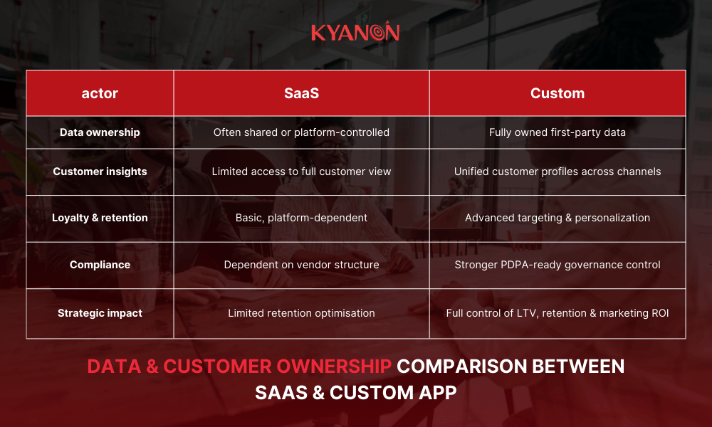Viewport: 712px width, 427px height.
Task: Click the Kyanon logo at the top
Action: click(x=355, y=33)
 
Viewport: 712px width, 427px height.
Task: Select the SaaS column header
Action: click(x=301, y=93)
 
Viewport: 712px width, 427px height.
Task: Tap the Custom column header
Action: click(x=557, y=93)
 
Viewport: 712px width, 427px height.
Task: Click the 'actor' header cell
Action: click(x=100, y=93)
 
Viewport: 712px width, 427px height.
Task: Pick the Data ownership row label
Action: click(x=100, y=132)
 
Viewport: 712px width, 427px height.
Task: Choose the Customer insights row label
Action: click(x=100, y=172)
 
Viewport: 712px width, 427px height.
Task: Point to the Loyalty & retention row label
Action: click(x=100, y=218)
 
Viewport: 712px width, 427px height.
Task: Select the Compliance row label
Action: click(x=100, y=265)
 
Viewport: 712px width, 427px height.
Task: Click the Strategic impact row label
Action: click(x=100, y=313)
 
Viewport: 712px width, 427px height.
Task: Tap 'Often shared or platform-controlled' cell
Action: click(x=301, y=132)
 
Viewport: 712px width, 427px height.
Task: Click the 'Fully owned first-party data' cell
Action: click(x=557, y=132)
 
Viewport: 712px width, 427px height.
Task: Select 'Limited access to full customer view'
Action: click(x=301, y=172)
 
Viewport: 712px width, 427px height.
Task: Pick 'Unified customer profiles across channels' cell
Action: click(x=557, y=172)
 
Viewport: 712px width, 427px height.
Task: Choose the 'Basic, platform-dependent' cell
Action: click(x=301, y=218)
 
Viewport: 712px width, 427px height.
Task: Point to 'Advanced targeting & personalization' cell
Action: click(x=557, y=218)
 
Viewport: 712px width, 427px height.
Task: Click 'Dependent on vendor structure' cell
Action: click(x=301, y=265)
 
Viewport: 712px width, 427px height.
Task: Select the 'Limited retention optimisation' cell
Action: click(x=301, y=313)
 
